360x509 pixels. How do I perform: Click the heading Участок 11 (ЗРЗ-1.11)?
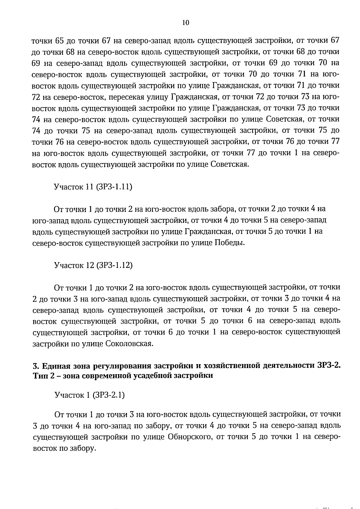tap(93, 187)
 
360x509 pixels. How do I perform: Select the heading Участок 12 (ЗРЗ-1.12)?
tap(93, 265)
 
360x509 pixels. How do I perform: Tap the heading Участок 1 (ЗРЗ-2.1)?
tap(89, 395)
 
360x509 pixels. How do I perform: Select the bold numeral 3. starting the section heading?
tap(35, 366)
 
